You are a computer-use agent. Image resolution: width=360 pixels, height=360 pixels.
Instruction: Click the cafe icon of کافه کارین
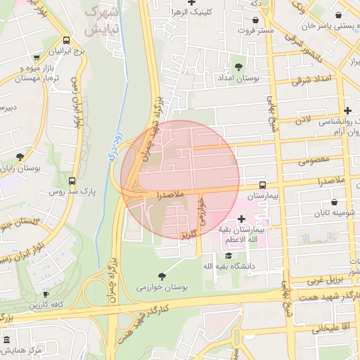pyautogui.click(x=46, y=295)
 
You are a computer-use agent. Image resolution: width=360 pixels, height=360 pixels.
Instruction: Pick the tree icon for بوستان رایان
pyautogui.click(x=19, y=156)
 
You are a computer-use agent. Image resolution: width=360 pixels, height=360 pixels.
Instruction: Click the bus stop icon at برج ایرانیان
pyautogui.click(x=66, y=41)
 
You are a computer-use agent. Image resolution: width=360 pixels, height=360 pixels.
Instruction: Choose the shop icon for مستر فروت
pyautogui.click(x=254, y=20)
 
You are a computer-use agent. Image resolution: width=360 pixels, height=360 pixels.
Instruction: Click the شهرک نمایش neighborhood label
pyautogui.click(x=101, y=21)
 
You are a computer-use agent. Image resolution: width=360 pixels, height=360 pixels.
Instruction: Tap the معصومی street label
pyautogui.click(x=314, y=161)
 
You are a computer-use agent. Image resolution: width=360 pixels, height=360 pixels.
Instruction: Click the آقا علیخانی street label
pyautogui.click(x=321, y=328)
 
